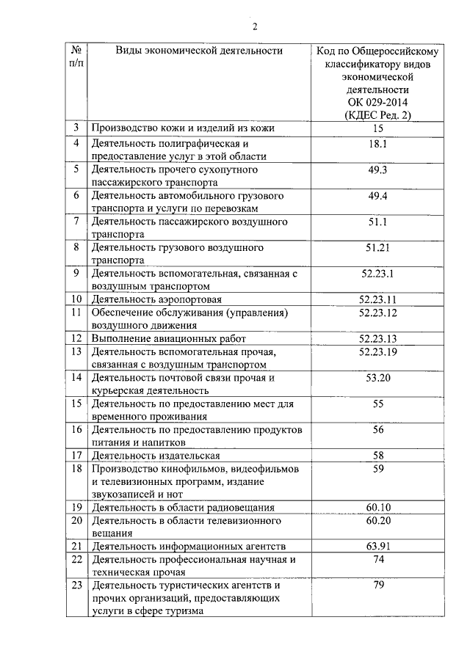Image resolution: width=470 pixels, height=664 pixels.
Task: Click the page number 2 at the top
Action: [255, 28]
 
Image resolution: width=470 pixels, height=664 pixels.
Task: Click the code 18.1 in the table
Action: [378, 144]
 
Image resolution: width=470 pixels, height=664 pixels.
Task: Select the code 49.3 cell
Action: [378, 170]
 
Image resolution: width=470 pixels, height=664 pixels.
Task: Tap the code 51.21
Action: [378, 247]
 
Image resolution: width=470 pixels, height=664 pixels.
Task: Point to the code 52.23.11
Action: [378, 299]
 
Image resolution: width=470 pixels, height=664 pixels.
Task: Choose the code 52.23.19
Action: [378, 351]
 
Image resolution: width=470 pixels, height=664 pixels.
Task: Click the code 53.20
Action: [378, 377]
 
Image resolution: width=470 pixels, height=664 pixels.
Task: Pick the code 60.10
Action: [378, 507]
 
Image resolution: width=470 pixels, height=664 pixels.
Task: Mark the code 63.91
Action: [378, 546]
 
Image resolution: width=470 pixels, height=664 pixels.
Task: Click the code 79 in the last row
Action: [378, 585]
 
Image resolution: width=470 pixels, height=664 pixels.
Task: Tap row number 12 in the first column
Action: [76, 338]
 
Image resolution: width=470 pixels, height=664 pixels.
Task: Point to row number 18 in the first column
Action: [76, 468]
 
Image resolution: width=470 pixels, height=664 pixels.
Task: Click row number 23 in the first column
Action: [76, 585]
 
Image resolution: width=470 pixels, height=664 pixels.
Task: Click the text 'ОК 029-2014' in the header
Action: [378, 102]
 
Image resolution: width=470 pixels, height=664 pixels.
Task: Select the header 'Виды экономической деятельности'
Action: [198, 51]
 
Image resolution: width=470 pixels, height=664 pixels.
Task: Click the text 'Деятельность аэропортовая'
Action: [156, 299]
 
